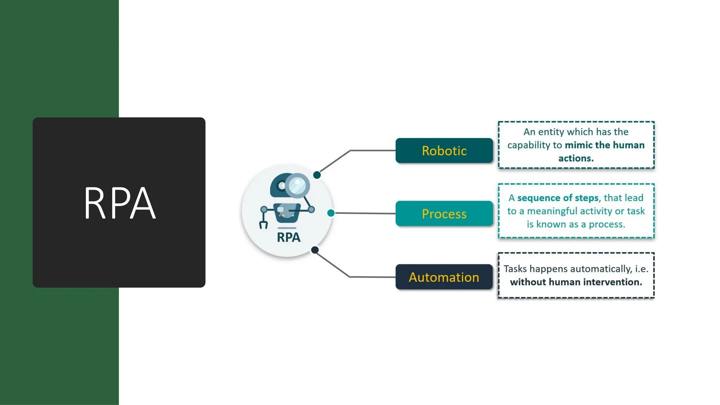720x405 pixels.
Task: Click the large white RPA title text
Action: pyautogui.click(x=120, y=203)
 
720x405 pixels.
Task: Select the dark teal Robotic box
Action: pyautogui.click(x=444, y=150)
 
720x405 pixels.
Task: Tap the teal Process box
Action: pyautogui.click(x=444, y=213)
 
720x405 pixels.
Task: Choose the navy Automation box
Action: pyautogui.click(x=444, y=277)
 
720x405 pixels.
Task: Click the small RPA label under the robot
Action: pyautogui.click(x=289, y=237)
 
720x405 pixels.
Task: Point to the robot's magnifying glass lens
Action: pyautogui.click(x=297, y=185)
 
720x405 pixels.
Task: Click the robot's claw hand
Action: pyautogui.click(x=263, y=224)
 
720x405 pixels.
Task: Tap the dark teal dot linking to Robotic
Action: pyautogui.click(x=317, y=175)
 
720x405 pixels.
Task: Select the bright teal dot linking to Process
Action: pyautogui.click(x=331, y=213)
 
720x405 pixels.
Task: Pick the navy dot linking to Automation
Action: pyautogui.click(x=315, y=250)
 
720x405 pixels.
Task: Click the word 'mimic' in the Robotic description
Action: pyautogui.click(x=579, y=145)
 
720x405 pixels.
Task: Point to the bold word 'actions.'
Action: pyautogui.click(x=576, y=158)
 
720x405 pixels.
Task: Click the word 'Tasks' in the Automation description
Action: pyautogui.click(x=515, y=269)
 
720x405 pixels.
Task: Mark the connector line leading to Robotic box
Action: pyautogui.click(x=373, y=150)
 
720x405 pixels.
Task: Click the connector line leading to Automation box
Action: pyautogui.click(x=373, y=277)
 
